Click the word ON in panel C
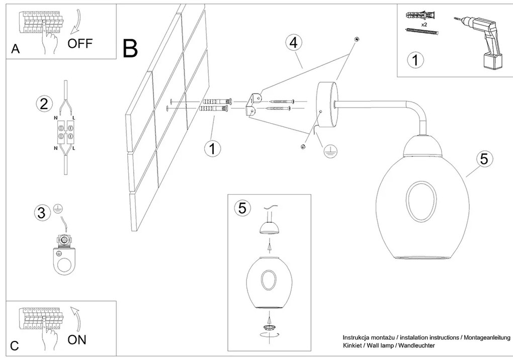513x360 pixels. pyautogui.click(x=77, y=339)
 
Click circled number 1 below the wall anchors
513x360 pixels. pyautogui.click(x=213, y=148)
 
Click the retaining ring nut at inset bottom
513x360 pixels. pyautogui.click(x=270, y=327)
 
